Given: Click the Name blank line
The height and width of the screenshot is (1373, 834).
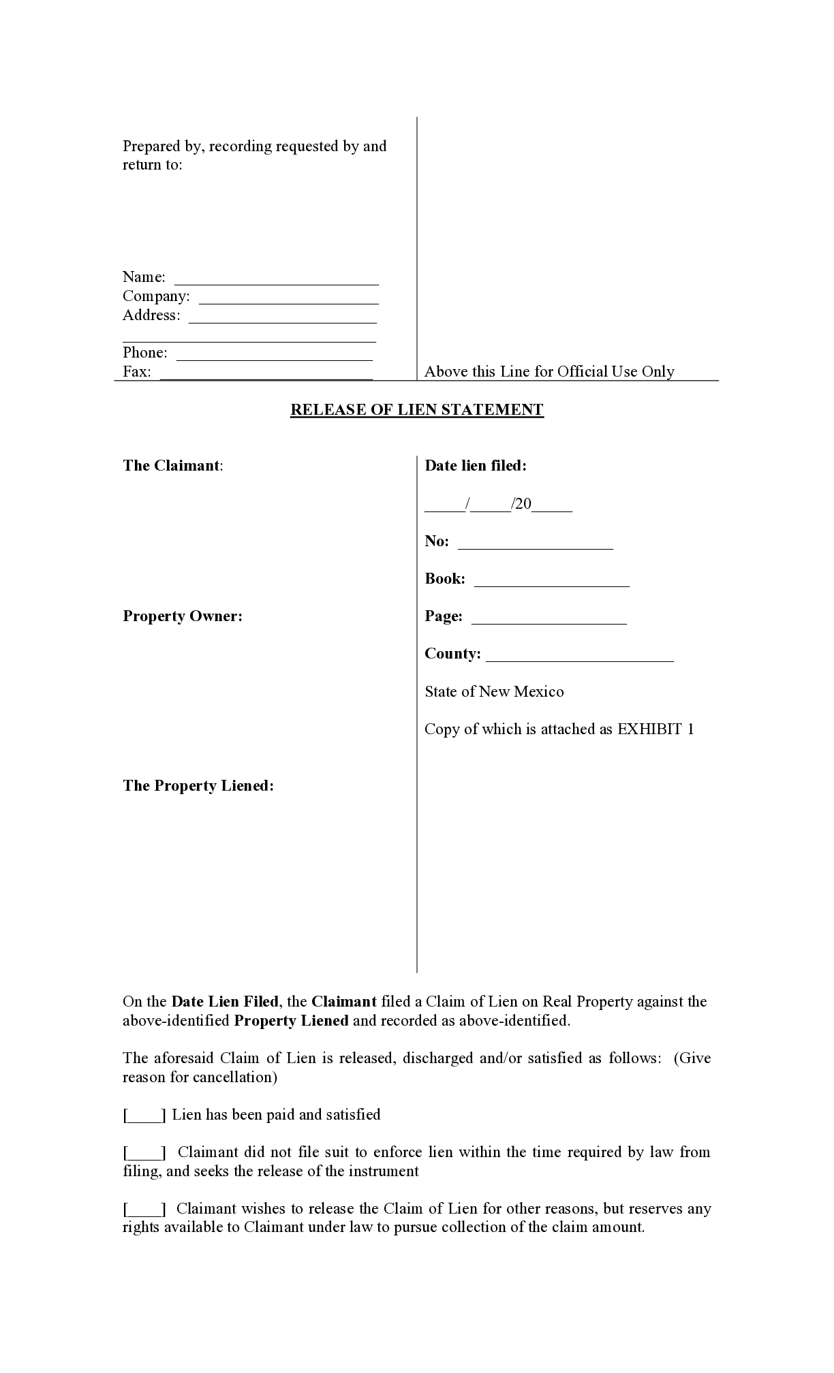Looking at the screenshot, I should click(277, 279).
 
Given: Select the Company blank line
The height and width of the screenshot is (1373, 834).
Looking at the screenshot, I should click(289, 298).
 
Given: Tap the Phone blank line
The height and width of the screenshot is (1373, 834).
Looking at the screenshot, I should click(275, 355).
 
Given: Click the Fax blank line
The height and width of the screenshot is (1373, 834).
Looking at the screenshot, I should click(266, 374).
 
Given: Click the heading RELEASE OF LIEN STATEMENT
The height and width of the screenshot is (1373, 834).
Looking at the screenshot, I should click(417, 410).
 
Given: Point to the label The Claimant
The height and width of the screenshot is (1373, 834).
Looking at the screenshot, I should click(172, 466).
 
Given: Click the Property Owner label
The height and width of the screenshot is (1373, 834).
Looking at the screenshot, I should click(183, 616).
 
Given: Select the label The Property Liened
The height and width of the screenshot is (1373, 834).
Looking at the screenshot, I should click(198, 786).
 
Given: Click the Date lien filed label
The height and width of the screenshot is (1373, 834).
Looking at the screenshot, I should click(476, 466).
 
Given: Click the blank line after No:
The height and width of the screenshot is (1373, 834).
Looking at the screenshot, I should click(536, 543).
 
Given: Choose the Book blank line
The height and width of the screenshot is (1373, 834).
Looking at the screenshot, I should click(552, 581).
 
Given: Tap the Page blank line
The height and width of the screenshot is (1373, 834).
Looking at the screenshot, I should click(549, 618).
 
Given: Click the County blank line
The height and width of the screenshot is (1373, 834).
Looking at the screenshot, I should click(581, 656).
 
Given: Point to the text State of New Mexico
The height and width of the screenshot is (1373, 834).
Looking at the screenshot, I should click(494, 692).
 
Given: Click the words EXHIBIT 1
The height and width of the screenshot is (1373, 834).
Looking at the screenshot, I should click(655, 729).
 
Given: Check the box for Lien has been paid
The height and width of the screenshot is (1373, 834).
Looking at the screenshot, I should click(144, 1116).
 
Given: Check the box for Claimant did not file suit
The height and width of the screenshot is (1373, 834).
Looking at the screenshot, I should click(144, 1153).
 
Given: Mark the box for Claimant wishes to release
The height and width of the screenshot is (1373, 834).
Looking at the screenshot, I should click(144, 1210).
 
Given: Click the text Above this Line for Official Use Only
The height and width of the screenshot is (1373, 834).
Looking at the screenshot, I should click(549, 372).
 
